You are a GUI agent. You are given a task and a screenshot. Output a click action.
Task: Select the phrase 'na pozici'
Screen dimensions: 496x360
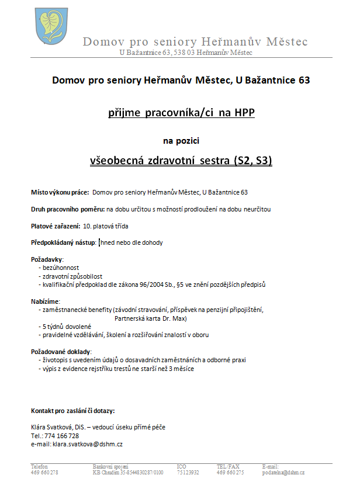pyautogui.click(x=179, y=140)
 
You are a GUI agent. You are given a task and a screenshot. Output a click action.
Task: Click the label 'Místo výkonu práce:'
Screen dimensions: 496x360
pyautogui.click(x=60, y=192)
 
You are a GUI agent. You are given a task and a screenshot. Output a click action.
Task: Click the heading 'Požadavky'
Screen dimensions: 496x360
pyautogui.click(x=46, y=259)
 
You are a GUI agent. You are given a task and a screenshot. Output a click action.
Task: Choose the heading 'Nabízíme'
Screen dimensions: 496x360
pyautogui.click(x=44, y=301)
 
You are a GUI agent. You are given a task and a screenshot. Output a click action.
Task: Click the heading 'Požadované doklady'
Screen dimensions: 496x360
pyautogui.click(x=61, y=352)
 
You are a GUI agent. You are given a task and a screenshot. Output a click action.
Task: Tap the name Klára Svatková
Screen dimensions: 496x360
pyautogui.click(x=53, y=427)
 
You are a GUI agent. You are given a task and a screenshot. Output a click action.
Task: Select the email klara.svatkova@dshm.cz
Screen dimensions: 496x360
pyautogui.click(x=87, y=444)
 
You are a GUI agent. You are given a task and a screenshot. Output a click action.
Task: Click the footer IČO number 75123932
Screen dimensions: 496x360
pyautogui.click(x=188, y=472)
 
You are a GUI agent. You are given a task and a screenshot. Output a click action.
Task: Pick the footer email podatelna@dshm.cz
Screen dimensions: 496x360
pyautogui.click(x=284, y=472)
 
